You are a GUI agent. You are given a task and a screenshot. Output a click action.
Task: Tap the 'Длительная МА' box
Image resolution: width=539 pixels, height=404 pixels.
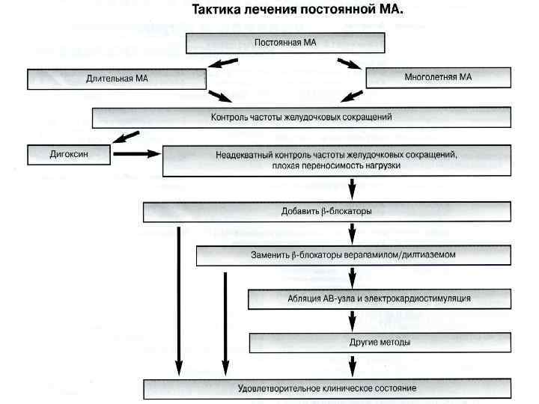(x=116, y=79)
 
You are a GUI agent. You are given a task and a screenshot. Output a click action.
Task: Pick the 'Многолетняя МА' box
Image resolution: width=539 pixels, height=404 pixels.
(x=439, y=78)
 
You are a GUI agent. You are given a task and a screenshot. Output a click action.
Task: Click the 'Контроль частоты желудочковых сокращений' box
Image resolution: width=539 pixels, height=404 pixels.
(x=301, y=117)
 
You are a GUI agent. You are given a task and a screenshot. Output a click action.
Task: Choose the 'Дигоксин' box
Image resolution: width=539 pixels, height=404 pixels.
(x=69, y=154)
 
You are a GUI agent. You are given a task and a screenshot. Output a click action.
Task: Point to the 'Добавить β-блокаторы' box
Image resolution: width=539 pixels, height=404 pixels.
(x=326, y=212)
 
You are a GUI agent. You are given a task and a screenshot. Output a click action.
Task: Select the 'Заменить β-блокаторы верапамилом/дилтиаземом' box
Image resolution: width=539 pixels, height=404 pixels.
(x=353, y=255)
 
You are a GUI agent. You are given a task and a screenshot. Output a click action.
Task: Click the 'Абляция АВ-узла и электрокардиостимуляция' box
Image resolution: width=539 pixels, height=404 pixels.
(x=380, y=299)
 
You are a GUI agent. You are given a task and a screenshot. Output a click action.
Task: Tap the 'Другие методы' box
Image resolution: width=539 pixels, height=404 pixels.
(x=380, y=342)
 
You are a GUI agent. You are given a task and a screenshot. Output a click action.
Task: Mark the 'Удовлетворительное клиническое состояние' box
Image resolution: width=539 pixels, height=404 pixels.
(x=327, y=389)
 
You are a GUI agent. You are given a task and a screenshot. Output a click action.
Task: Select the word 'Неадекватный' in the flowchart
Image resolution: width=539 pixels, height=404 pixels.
(x=240, y=155)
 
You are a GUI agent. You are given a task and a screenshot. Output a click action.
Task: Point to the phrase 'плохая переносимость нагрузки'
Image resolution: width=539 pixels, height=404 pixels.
(x=337, y=166)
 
